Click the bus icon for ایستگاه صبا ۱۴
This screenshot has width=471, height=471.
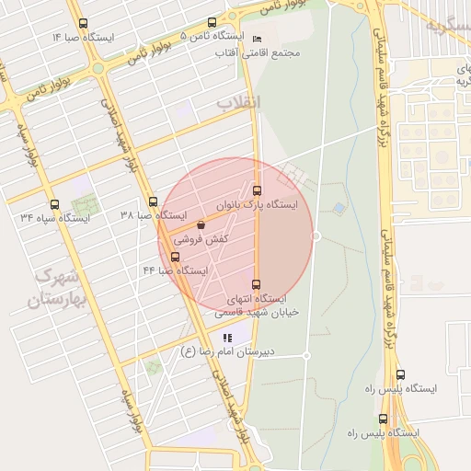pyautogui.click(x=84, y=23)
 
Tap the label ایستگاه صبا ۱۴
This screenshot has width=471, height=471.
pyautogui.click(x=84, y=37)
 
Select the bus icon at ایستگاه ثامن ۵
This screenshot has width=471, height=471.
pyautogui.click(x=213, y=23)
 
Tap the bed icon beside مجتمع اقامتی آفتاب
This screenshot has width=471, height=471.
pyautogui.click(x=257, y=39)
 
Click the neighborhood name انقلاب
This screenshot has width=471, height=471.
pyautogui.click(x=238, y=102)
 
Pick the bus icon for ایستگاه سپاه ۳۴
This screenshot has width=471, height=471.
pyautogui.click(x=54, y=204)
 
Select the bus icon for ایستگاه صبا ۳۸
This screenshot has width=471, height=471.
pyautogui.click(x=153, y=201)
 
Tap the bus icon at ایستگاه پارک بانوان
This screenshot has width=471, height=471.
pyautogui.click(x=257, y=190)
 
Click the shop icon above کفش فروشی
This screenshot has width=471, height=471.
pyautogui.click(x=201, y=224)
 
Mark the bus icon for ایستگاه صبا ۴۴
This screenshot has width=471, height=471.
pyautogui.click(x=176, y=257)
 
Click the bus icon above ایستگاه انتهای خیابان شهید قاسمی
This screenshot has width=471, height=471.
pyautogui.click(x=256, y=284)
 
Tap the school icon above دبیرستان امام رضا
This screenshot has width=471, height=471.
pyautogui.click(x=227, y=338)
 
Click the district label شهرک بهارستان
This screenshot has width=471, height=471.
pyautogui.click(x=58, y=288)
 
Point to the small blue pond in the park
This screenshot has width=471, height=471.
pyautogui.click(x=340, y=209)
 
